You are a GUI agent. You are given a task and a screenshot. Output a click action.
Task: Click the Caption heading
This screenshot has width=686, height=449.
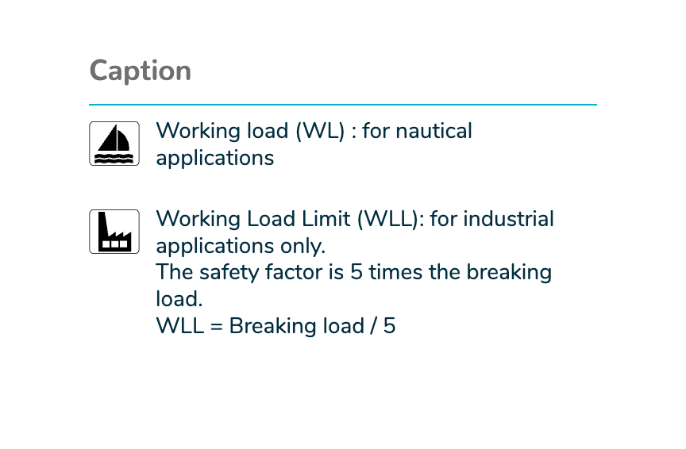141,71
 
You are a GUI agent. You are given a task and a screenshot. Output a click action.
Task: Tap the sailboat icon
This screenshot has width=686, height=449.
114,144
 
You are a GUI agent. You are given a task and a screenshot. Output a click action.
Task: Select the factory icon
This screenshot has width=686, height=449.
114,232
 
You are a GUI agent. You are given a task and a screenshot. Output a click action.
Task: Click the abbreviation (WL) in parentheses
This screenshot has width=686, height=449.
320,131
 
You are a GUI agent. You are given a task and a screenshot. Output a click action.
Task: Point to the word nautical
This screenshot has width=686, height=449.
434,131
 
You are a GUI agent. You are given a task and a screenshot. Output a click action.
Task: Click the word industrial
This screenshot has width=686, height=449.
508,219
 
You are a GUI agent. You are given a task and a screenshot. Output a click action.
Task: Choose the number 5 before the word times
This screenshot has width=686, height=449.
356,272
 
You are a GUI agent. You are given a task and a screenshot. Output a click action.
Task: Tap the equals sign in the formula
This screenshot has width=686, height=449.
217,327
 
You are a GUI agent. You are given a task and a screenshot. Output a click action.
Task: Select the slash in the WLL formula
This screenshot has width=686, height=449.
374,326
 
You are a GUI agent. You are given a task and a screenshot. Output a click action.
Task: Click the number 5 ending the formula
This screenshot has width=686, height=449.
389,326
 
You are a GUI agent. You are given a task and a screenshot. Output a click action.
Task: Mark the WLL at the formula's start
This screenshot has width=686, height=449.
179,326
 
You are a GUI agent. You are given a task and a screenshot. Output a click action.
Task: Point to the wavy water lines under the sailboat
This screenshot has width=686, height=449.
114,158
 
